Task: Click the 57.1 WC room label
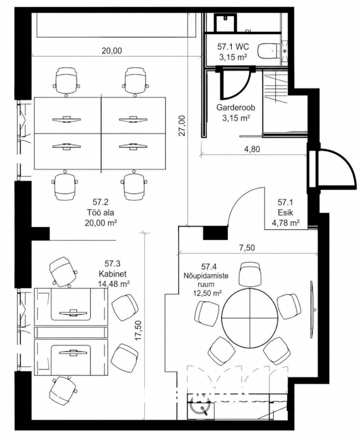pos(233,46)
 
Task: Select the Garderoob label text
pos(236,107)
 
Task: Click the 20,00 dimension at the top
pos(112,51)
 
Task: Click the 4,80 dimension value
pos(252,148)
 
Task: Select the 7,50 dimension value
pos(247,248)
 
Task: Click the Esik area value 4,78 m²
pos(285,223)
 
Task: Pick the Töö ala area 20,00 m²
pos(101,223)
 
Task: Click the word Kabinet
pos(112,273)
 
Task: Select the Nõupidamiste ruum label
pos(206,279)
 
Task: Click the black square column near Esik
pos(215,232)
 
